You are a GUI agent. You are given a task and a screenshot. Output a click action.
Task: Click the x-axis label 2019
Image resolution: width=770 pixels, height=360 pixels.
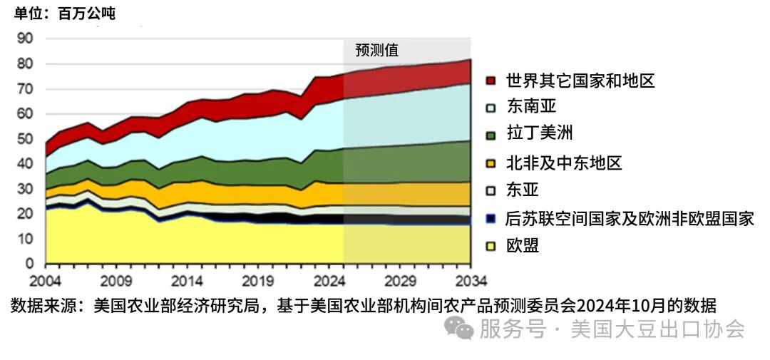(257, 279)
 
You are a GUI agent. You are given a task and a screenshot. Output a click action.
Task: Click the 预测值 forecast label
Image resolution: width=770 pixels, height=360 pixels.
(377, 51)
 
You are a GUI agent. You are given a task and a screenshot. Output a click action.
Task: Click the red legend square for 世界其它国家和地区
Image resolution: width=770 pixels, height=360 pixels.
(491, 81)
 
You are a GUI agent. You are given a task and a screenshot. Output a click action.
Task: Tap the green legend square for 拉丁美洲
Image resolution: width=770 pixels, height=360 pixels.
(491, 134)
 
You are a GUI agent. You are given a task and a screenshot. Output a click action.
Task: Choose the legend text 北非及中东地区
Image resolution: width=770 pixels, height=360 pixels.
(563, 163)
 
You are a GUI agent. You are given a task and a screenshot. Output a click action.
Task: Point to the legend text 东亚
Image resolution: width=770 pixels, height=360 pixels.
(523, 190)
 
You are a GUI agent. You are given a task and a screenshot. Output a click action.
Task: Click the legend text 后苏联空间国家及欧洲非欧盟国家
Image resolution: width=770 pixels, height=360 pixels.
(629, 218)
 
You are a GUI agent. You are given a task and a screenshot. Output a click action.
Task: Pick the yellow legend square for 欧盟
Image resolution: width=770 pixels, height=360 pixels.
(491, 247)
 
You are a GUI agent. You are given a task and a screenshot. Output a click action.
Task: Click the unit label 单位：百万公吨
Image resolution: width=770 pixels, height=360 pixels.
(65, 14)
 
